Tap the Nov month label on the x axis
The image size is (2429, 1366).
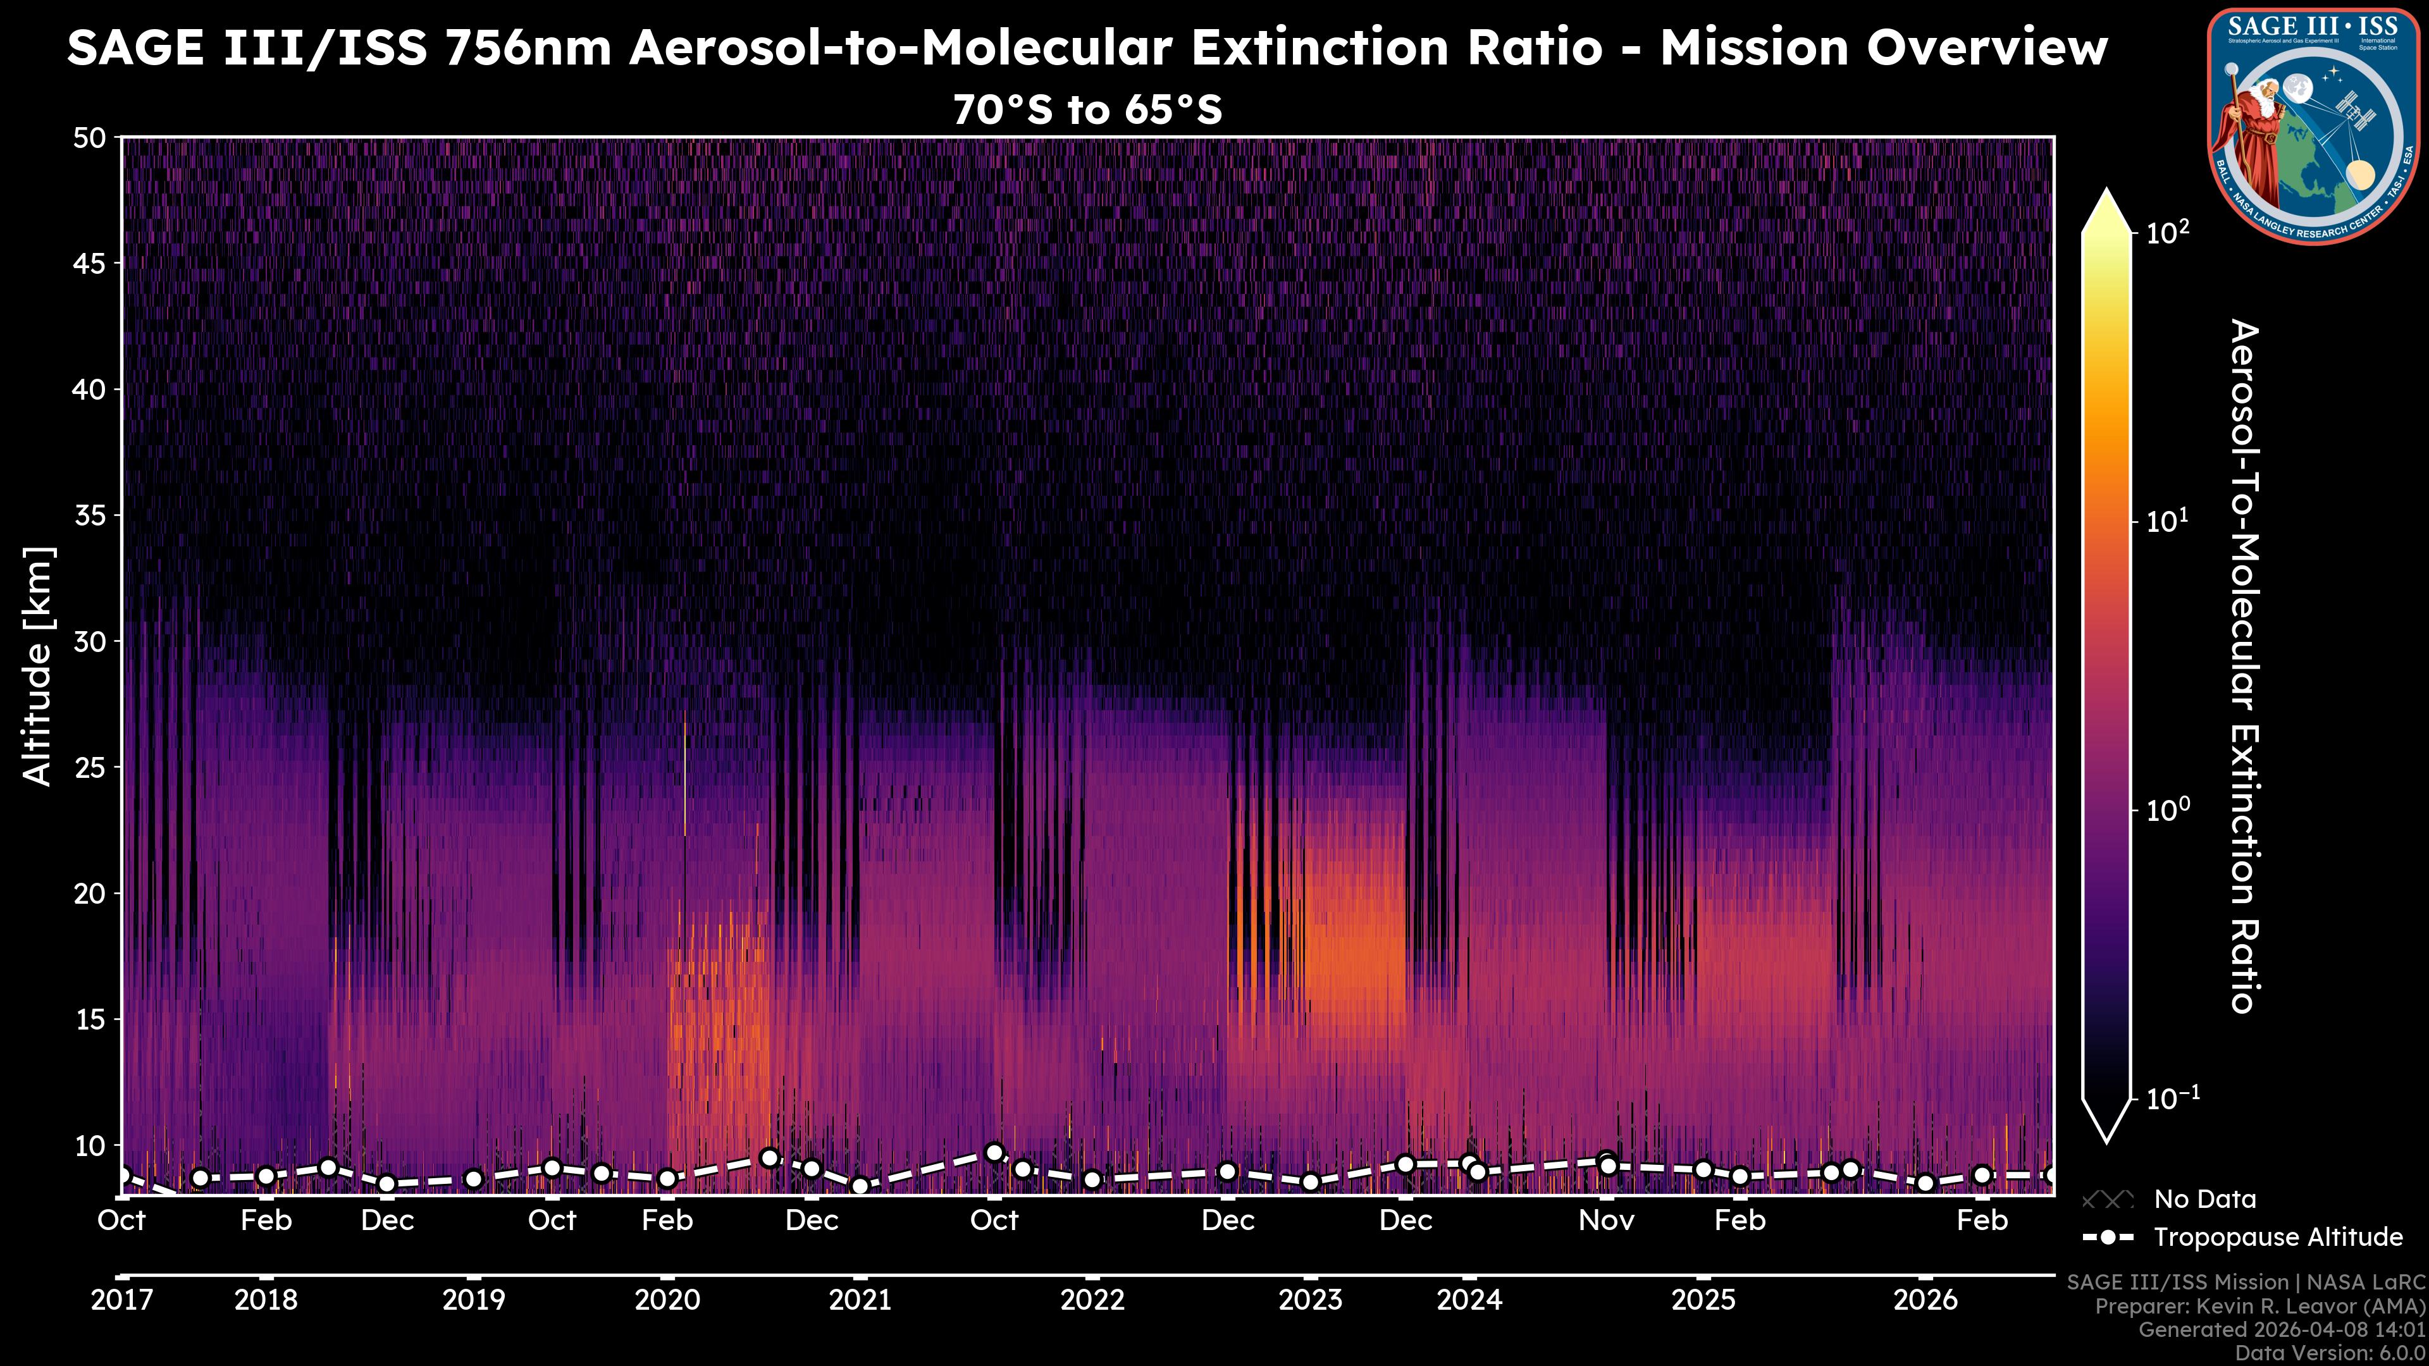point(1606,1221)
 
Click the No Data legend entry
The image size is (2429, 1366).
point(2204,1199)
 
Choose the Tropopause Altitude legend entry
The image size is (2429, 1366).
point(2277,1237)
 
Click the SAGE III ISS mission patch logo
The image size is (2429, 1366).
point(2313,125)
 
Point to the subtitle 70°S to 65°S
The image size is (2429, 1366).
point(1087,110)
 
